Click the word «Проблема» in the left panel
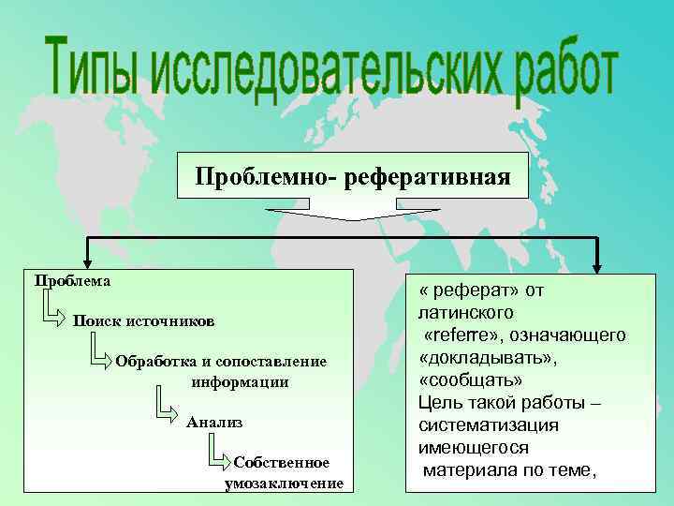[x=72, y=280]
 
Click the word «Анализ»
[x=214, y=423]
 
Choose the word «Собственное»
[x=282, y=463]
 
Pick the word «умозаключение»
[x=284, y=484]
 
